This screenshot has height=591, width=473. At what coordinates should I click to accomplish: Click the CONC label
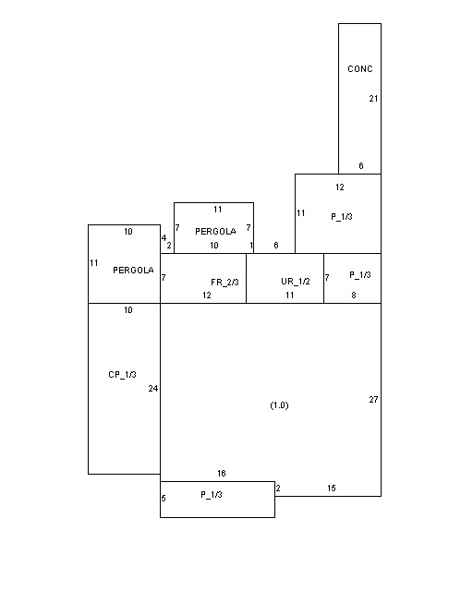[360, 69]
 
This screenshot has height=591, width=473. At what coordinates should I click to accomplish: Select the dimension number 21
[373, 99]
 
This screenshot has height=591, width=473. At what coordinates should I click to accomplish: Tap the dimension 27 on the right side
[373, 400]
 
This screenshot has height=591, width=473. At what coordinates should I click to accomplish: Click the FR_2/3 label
[224, 283]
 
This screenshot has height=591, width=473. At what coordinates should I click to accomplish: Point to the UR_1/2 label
[296, 282]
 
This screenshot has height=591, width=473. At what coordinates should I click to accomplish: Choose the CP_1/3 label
[122, 375]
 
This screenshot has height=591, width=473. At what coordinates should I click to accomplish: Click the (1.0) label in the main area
[280, 405]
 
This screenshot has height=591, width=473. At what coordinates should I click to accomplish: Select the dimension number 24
[153, 389]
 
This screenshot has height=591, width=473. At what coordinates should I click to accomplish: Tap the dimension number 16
[222, 474]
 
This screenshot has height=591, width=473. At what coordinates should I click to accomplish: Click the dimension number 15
[331, 488]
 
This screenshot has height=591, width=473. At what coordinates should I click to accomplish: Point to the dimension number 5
[164, 499]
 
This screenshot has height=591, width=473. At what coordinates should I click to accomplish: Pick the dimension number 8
[354, 295]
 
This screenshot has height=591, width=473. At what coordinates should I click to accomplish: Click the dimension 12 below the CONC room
[339, 187]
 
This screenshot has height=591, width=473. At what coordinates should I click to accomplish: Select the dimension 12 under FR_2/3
[207, 295]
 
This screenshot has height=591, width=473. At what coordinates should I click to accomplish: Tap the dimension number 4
[164, 238]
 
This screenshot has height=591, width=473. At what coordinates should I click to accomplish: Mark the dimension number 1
[251, 246]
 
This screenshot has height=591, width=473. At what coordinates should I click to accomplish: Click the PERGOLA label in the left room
[134, 271]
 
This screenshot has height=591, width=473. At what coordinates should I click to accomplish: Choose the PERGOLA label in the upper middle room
[215, 232]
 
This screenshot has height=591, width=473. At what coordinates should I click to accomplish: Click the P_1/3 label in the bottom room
[212, 495]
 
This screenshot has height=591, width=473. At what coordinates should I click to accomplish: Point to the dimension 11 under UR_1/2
[290, 295]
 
